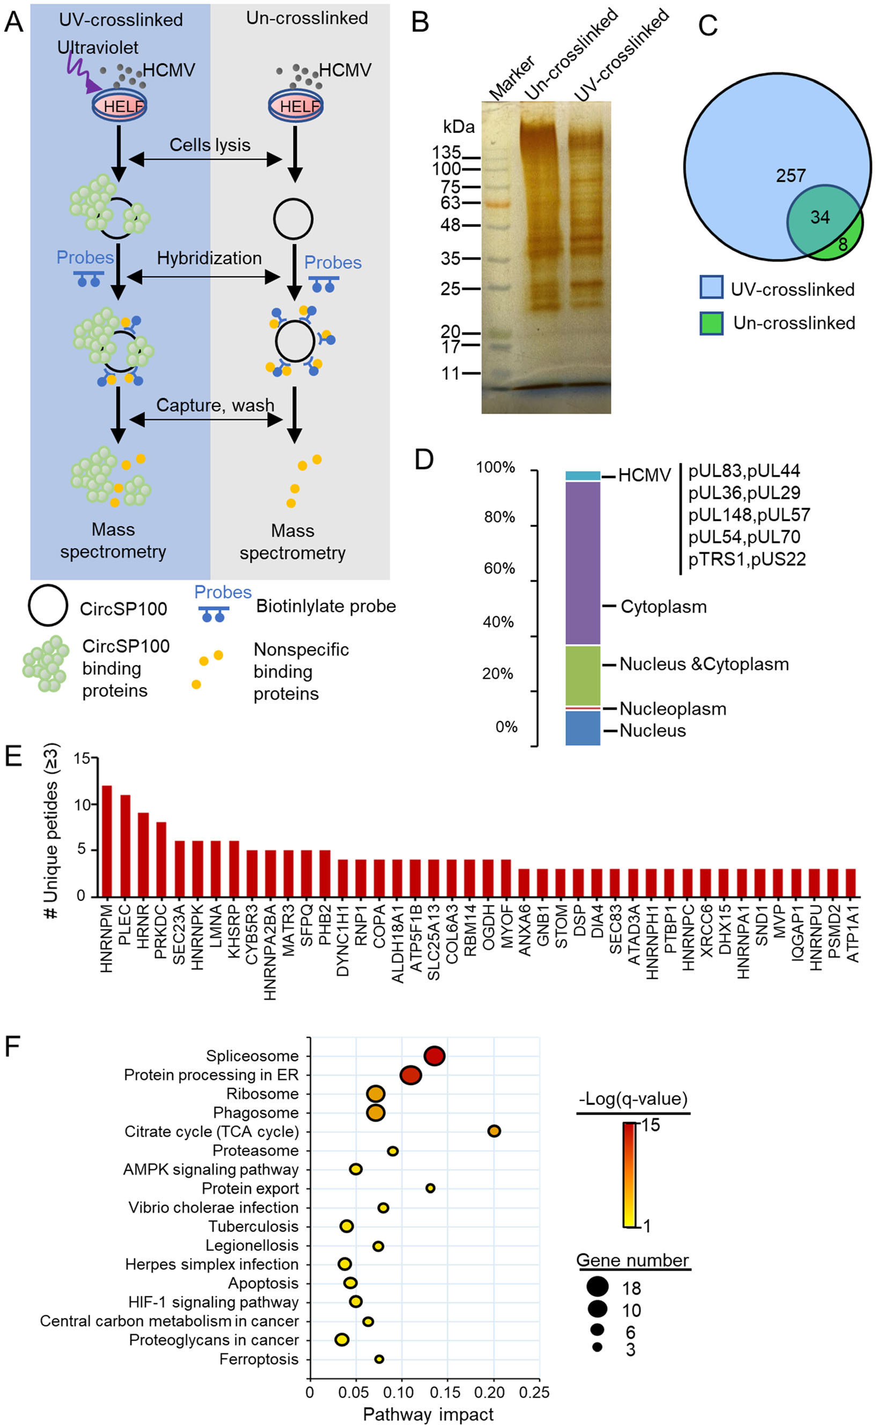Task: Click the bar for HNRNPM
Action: (107, 841)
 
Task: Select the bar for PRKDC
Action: (161, 859)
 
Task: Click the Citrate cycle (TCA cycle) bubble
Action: (494, 1131)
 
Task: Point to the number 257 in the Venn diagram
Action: (791, 175)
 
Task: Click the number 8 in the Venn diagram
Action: (843, 245)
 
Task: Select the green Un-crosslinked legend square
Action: (711, 323)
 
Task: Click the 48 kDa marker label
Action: (450, 225)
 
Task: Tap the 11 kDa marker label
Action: (450, 374)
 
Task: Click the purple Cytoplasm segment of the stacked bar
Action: (583, 563)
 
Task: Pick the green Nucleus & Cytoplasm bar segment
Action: (583, 676)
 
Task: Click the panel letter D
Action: (424, 460)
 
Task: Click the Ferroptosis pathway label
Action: (259, 1359)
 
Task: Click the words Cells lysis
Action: (210, 145)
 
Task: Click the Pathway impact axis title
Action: (428, 1415)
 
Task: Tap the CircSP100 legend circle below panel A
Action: (48, 605)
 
